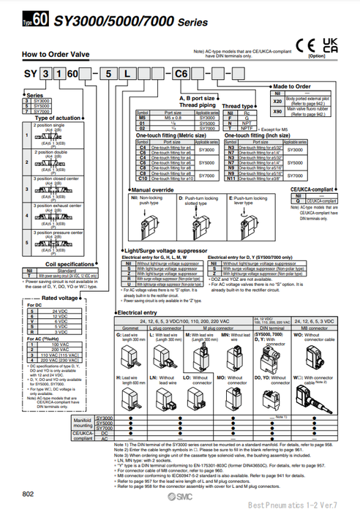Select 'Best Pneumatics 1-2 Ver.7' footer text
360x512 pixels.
point(317,505)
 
